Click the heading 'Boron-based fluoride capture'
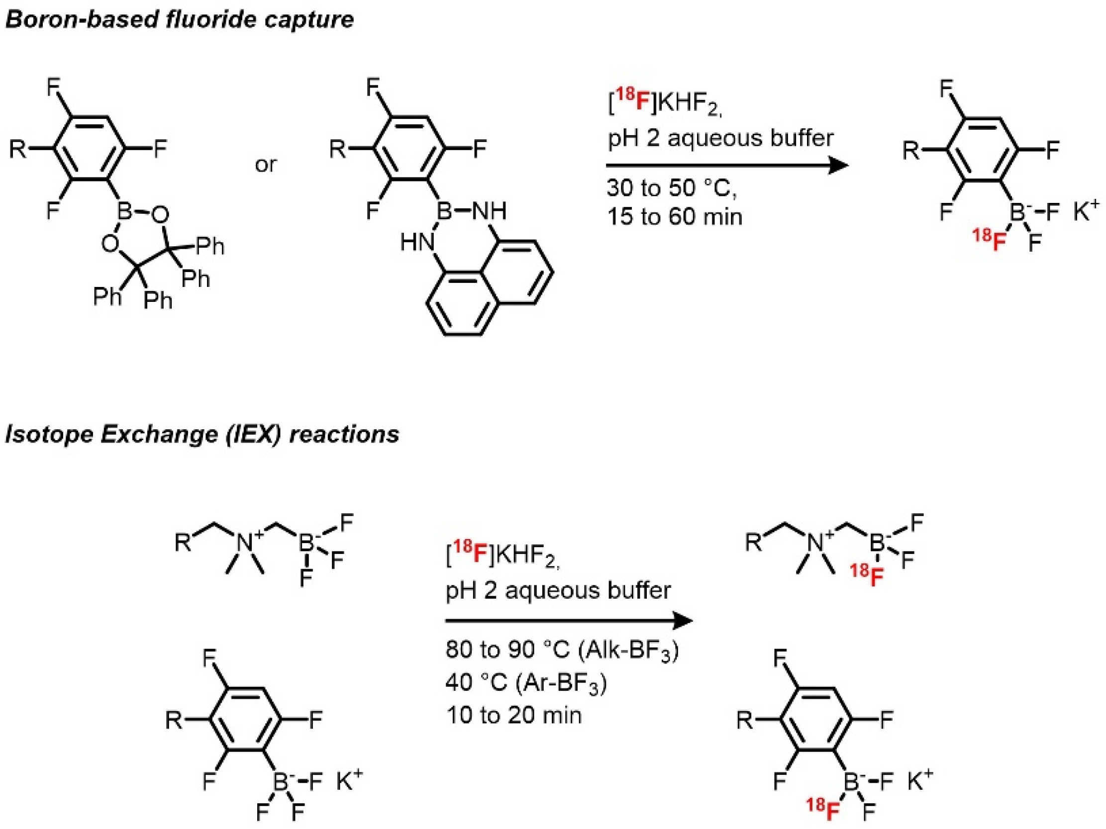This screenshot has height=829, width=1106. coord(180,20)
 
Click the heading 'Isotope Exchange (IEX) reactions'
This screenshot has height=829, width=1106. coord(202,434)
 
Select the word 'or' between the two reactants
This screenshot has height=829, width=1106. coord(265,165)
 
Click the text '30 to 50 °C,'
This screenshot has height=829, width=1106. coord(672,188)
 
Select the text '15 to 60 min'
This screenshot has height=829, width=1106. coord(675,217)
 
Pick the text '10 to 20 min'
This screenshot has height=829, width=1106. coord(514,715)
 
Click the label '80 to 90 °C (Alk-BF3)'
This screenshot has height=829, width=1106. coord(562,650)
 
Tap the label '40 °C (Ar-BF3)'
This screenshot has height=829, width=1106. coord(526,683)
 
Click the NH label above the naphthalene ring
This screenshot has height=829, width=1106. coord(490,211)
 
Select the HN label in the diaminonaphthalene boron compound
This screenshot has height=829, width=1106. coord(417,243)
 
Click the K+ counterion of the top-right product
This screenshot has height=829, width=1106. coord(1086,212)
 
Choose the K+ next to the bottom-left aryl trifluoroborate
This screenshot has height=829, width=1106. coord(349,782)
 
